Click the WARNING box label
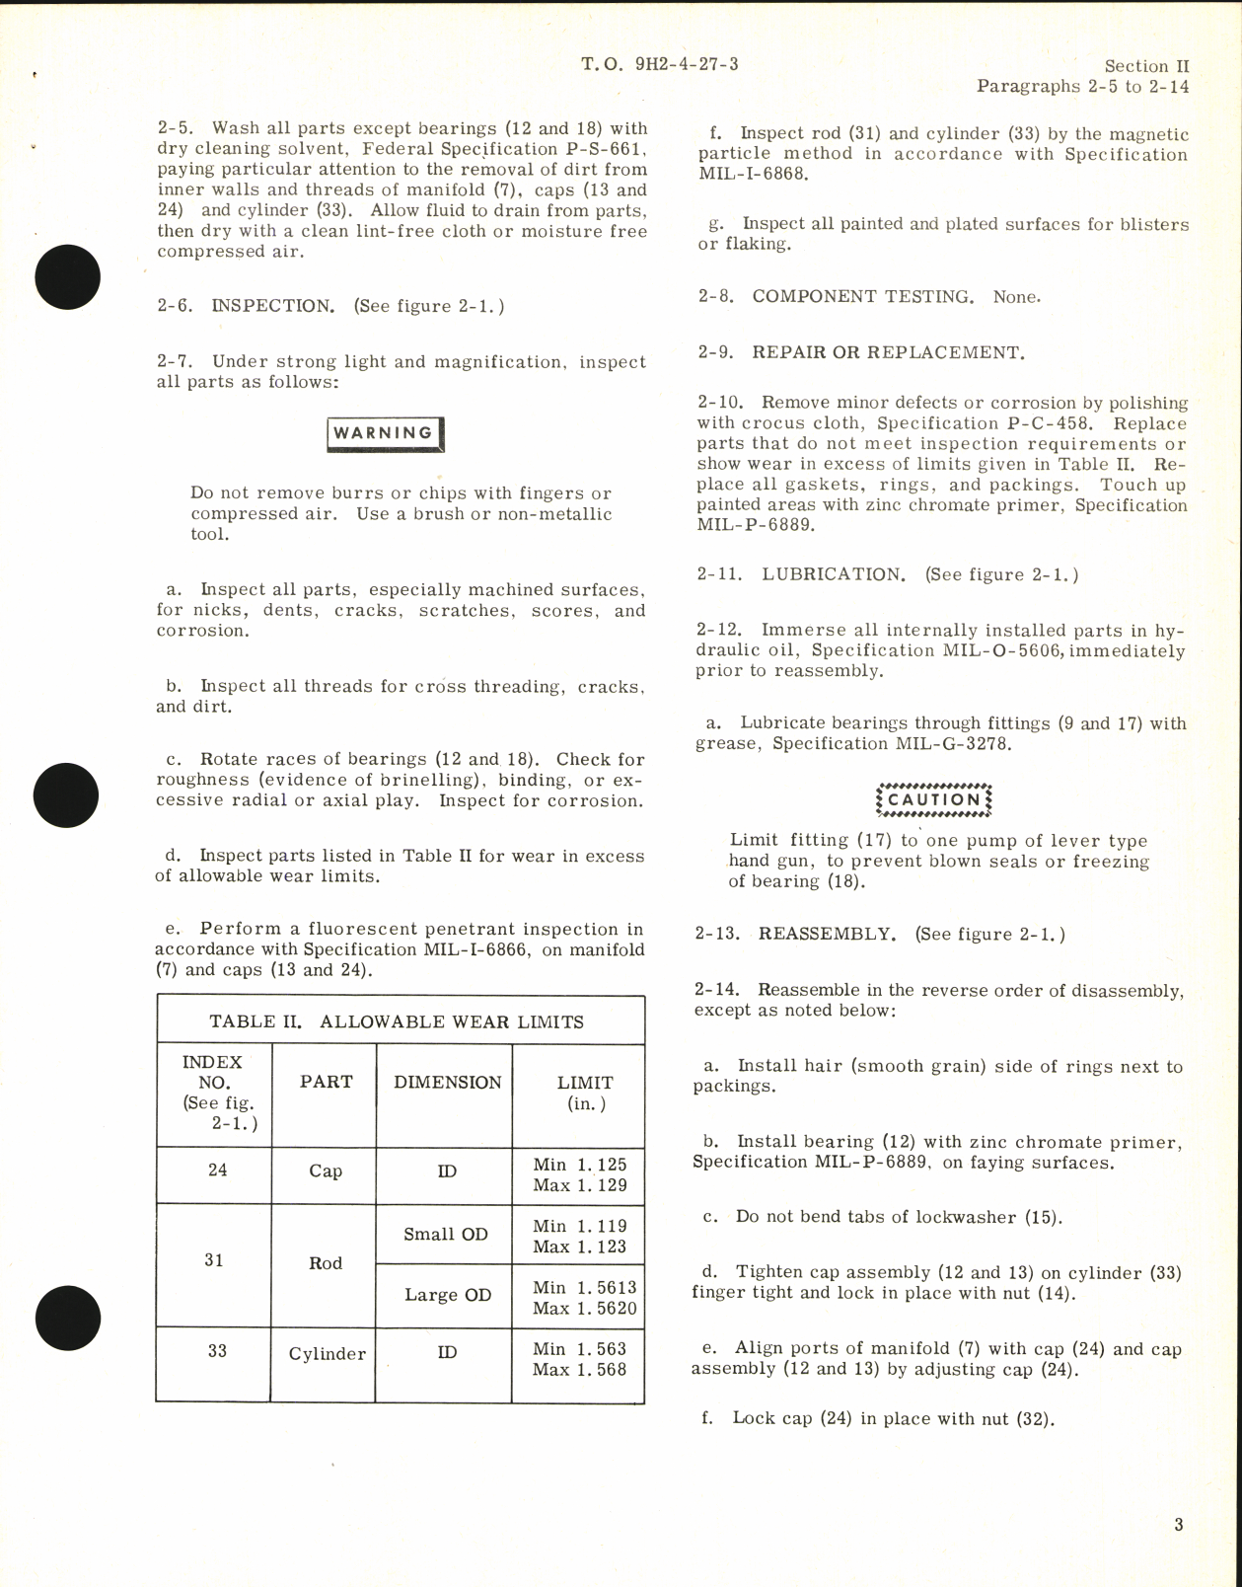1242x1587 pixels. [x=384, y=433]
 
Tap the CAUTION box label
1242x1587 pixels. [x=932, y=799]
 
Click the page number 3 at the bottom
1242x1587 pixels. [x=1179, y=1525]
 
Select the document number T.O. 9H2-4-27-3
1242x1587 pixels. [x=659, y=65]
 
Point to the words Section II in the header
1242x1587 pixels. [x=1146, y=66]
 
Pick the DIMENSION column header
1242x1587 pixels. [x=448, y=1083]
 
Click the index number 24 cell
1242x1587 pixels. [x=217, y=1170]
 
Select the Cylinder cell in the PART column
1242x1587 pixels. [x=326, y=1354]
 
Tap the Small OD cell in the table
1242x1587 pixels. [x=446, y=1235]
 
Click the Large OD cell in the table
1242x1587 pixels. [x=448, y=1295]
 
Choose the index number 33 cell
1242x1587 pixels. [x=217, y=1350]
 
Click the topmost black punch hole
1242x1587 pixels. [x=67, y=277]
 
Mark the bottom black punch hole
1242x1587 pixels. [x=67, y=1316]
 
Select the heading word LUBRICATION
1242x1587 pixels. [x=833, y=574]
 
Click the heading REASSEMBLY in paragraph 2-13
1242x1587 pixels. [x=827, y=935]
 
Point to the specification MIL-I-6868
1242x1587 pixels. [x=753, y=175]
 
